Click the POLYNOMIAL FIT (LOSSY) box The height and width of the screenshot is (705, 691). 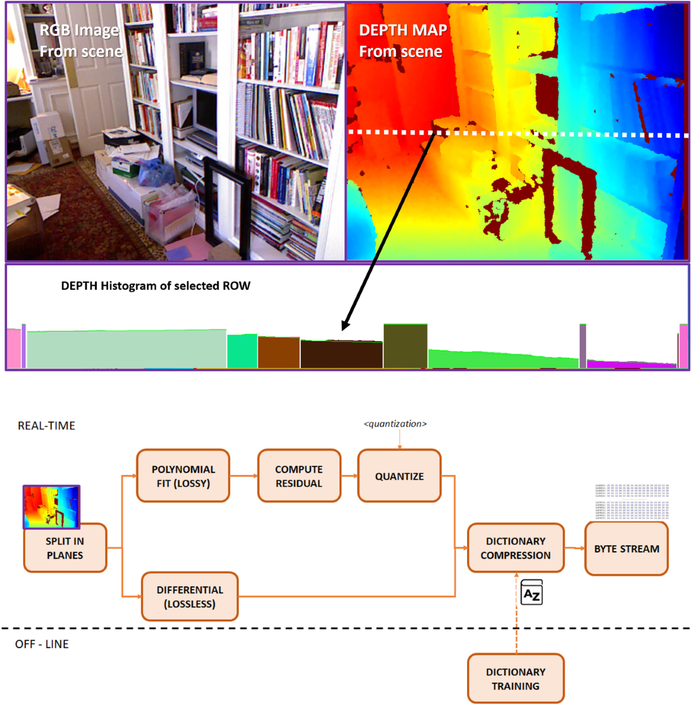[x=183, y=476]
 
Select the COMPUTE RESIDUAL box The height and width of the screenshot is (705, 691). [x=299, y=476]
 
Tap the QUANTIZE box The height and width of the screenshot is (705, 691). [x=399, y=476]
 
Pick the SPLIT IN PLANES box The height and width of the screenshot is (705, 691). [x=65, y=548]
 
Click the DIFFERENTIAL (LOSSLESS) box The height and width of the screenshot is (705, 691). [x=189, y=596]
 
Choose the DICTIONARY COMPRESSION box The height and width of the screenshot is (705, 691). [x=515, y=548]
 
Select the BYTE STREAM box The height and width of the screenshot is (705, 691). [x=627, y=548]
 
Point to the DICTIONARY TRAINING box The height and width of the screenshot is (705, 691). [x=515, y=679]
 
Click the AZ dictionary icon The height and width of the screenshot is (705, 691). [x=531, y=593]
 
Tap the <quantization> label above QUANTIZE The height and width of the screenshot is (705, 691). [x=395, y=424]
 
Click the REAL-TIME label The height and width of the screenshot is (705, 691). [x=47, y=426]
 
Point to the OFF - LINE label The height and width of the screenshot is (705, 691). [x=42, y=644]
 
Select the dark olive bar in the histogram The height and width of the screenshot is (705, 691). [x=405, y=346]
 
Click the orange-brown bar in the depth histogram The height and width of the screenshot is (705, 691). [x=279, y=352]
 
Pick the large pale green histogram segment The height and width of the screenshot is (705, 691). [x=127, y=349]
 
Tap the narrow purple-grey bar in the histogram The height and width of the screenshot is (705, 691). [x=583, y=346]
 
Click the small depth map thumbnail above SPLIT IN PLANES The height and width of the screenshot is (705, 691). [x=51, y=506]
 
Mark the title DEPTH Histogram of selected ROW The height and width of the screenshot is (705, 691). [x=155, y=286]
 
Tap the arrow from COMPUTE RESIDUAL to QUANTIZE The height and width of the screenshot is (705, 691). [x=349, y=476]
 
